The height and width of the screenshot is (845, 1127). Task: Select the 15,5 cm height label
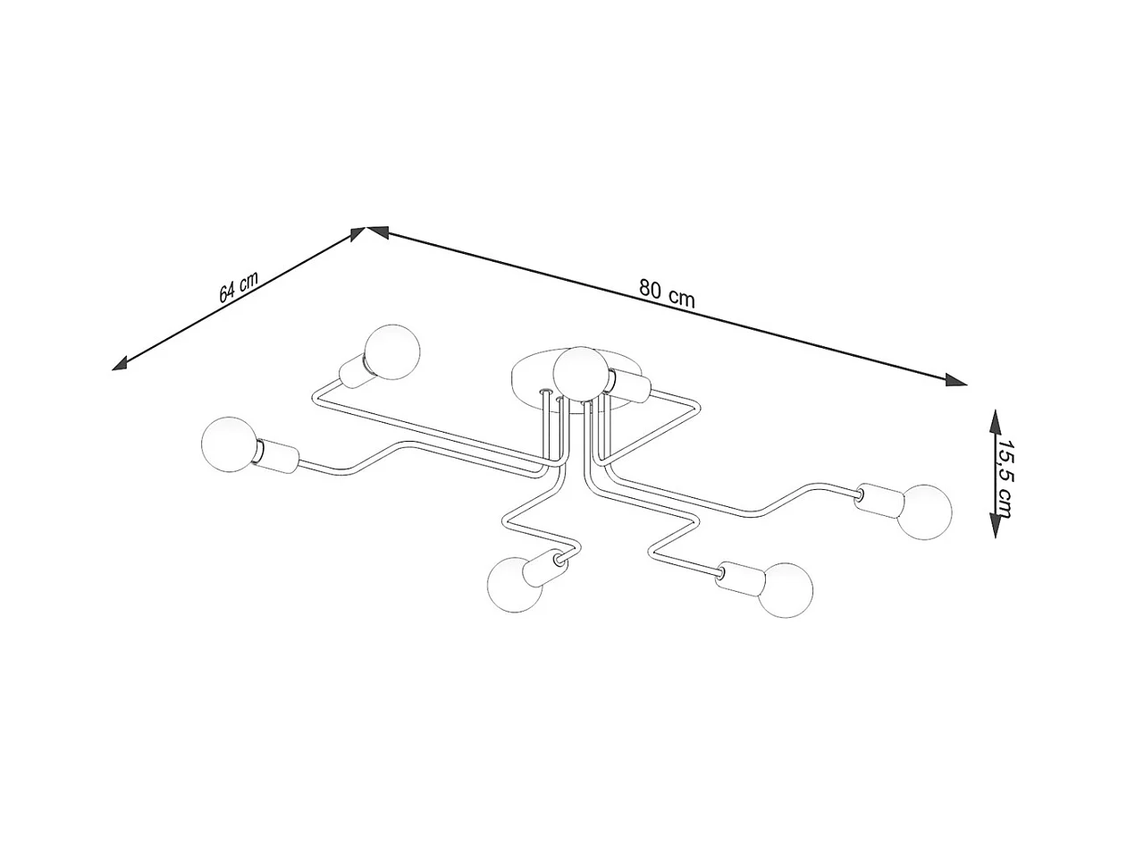tap(1005, 478)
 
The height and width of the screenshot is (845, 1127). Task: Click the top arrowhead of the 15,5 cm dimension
tap(994, 420)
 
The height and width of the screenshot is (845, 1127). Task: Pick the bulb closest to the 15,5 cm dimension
tap(923, 511)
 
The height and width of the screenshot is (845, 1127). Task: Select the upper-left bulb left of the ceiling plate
tap(392, 351)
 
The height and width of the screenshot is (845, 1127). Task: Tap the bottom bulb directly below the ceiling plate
tap(516, 585)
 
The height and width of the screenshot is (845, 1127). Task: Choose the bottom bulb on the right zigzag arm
tap(786, 589)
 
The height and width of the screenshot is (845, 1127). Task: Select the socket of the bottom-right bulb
tap(740, 579)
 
